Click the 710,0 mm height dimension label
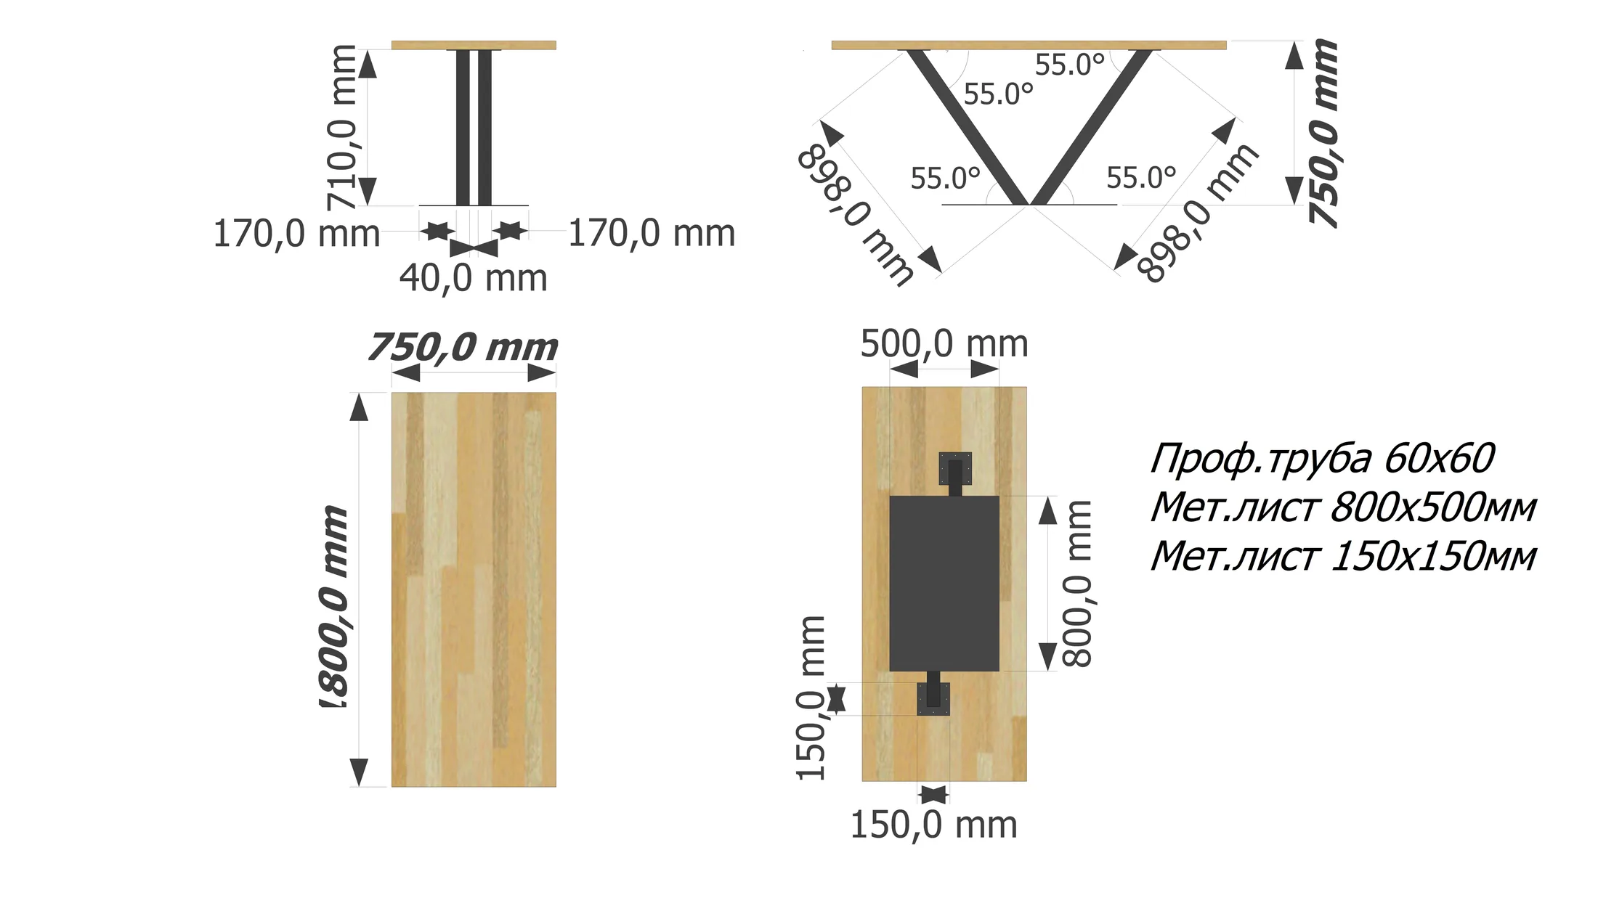point(342,126)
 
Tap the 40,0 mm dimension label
point(473,278)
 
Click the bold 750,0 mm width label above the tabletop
point(463,347)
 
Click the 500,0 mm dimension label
point(944,343)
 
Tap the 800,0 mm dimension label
point(1077,583)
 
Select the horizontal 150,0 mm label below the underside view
point(933,825)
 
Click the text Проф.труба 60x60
point(1322,459)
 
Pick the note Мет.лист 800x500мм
point(1343,507)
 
